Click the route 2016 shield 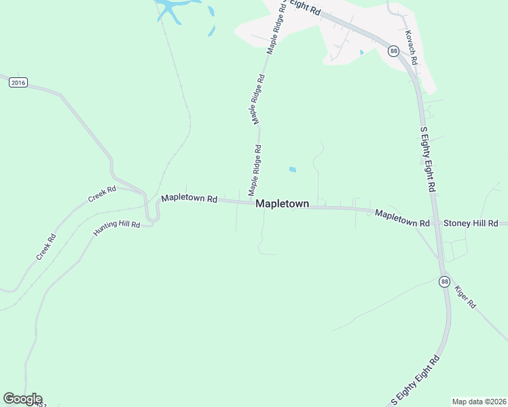coord(18,83)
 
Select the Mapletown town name coord(282,203)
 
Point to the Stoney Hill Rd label coord(471,223)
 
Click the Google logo coord(22,399)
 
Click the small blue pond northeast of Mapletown coord(292,170)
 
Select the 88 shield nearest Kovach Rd coord(393,52)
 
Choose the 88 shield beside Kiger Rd coord(444,281)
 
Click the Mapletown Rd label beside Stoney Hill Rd coord(402,218)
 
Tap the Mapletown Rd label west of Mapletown coord(189,199)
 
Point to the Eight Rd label coord(304,7)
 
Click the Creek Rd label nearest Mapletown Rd coord(102,195)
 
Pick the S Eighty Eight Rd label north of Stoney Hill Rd coord(428,159)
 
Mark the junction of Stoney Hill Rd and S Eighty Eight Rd coord(437,223)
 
